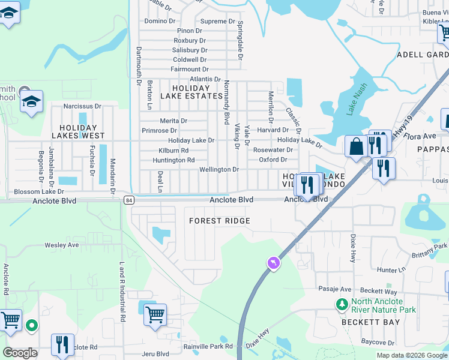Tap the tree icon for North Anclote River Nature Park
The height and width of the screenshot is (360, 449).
click(x=342, y=305)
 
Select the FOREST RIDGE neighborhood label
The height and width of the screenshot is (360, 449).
click(x=219, y=221)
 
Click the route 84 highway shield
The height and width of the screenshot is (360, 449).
click(x=129, y=200)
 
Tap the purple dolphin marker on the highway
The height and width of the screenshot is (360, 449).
click(x=273, y=263)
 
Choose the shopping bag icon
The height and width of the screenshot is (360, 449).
click(x=357, y=146)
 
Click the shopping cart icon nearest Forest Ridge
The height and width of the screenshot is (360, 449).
click(x=155, y=314)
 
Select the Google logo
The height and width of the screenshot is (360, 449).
click(x=20, y=353)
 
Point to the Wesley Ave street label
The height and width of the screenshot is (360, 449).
click(x=62, y=245)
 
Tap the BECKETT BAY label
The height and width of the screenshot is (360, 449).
click(x=362, y=322)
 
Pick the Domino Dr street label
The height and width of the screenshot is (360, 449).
click(x=159, y=21)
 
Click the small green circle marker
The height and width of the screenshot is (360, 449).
click(x=31, y=326)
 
